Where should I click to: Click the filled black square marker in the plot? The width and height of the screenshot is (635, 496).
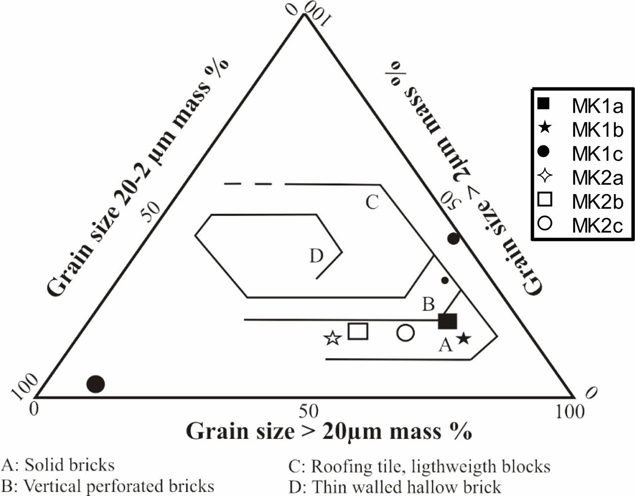tap(448, 321)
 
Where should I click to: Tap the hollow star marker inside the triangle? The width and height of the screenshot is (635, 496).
tap(333, 338)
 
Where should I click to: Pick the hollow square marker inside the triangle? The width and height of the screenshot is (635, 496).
tap(358, 331)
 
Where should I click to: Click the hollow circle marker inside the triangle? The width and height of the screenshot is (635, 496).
tap(405, 333)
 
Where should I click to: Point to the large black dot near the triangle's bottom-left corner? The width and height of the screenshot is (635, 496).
tap(96, 383)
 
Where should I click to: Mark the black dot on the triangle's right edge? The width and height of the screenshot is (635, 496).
tap(454, 239)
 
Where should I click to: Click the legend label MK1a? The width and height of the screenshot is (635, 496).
tap(597, 106)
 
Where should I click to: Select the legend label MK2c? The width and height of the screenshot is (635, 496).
tap(597, 225)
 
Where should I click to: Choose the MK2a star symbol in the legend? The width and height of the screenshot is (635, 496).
tap(544, 176)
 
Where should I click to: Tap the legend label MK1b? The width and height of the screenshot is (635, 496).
tap(597, 130)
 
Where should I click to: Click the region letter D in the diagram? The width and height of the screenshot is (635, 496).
tap(316, 256)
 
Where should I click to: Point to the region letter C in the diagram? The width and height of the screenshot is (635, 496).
tap(372, 202)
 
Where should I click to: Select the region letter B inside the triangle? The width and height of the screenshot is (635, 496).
tap(428, 304)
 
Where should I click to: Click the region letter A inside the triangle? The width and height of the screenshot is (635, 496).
tap(445, 346)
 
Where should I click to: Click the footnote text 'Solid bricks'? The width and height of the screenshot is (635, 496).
tap(69, 465)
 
